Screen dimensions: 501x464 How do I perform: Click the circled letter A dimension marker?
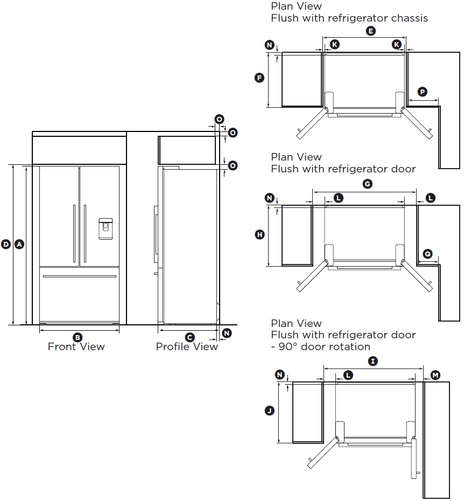[x=19, y=244]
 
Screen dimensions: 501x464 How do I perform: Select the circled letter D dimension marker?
[x=6, y=244]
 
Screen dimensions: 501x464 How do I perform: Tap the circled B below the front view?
[x=78, y=337]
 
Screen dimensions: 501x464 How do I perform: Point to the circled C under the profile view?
[x=189, y=337]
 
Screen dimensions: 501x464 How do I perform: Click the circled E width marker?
[x=370, y=31]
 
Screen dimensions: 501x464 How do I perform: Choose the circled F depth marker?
[x=259, y=78]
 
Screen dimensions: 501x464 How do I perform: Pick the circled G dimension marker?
[x=367, y=184]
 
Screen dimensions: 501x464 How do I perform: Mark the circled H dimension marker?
[x=259, y=234]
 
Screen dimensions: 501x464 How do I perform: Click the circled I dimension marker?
[x=372, y=361]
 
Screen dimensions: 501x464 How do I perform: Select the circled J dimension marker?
[x=269, y=411]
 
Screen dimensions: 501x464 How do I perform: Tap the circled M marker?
[x=435, y=375]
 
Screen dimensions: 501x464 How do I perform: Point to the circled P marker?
[x=423, y=92]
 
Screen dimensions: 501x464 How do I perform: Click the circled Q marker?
[x=427, y=253]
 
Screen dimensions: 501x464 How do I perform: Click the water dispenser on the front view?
[x=106, y=228]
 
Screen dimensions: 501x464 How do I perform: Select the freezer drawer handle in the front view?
[x=79, y=276]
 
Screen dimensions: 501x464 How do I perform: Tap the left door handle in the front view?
[x=74, y=233]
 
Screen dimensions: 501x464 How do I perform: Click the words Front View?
[x=76, y=347]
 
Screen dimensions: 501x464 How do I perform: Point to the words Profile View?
[x=187, y=347]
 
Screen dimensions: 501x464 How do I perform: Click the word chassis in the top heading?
[x=408, y=18]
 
